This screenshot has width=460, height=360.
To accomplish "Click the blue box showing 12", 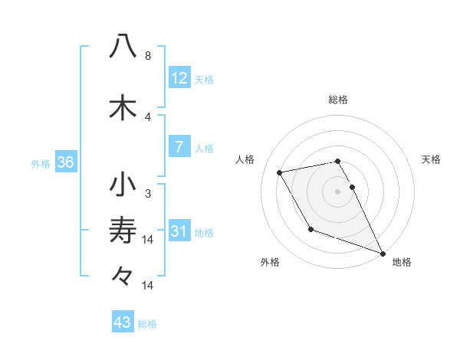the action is [179, 78].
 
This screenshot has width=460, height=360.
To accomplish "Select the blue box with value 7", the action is [179, 147].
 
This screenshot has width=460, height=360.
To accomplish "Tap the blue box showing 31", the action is [179, 231].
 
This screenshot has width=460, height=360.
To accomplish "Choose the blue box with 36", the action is [65, 162].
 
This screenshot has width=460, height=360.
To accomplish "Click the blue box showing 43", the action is [122, 322].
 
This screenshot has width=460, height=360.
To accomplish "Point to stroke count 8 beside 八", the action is [148, 56].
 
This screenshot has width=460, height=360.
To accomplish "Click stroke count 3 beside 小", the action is [148, 193].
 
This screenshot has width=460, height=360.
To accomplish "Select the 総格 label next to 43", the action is [147, 324].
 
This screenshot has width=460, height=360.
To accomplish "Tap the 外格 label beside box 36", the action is [41, 163].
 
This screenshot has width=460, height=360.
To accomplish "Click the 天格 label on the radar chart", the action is [431, 159].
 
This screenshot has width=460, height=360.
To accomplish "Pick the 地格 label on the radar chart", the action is [402, 262].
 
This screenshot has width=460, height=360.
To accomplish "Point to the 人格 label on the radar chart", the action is [245, 159].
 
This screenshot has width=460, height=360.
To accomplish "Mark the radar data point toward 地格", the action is [382, 254].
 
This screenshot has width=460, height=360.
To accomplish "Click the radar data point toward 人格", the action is [280, 172].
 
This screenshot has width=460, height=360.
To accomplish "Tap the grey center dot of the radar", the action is [338, 191].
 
